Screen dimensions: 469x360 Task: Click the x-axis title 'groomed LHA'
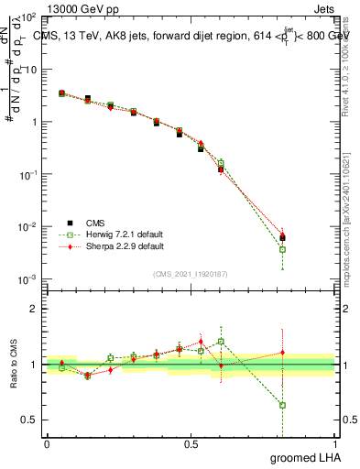pos(303,457)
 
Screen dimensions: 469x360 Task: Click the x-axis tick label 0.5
pos(191,443)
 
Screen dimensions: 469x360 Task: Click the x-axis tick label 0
pos(47,443)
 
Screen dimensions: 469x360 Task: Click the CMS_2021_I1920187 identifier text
pos(191,273)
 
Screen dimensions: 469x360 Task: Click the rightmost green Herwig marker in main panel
pos(283,249)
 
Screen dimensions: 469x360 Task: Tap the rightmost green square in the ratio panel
pos(283,405)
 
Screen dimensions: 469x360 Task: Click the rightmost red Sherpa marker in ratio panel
pos(283,352)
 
